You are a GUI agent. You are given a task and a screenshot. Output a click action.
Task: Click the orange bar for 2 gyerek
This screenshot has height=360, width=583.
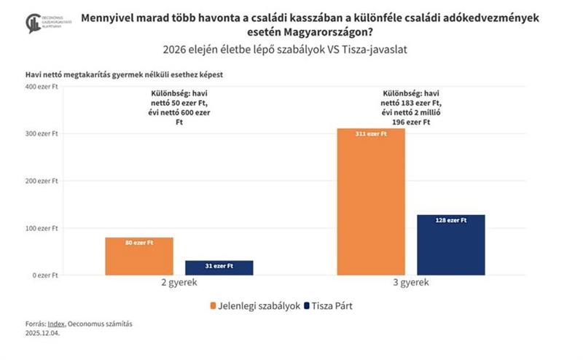click(x=139, y=257)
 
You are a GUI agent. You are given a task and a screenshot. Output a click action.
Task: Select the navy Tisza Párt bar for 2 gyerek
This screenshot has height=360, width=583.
click(x=219, y=268)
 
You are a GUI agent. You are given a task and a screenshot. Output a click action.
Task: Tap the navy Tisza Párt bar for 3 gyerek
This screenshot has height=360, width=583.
click(x=451, y=245)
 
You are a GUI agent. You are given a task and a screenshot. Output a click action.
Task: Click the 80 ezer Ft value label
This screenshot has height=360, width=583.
click(x=139, y=243)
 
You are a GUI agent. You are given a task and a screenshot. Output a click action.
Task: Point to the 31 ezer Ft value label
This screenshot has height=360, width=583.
click(x=219, y=266)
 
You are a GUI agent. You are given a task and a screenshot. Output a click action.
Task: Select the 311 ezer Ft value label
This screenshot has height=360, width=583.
click(x=372, y=134)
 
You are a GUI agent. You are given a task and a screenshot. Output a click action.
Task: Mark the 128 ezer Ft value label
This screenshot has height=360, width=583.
click(x=451, y=220)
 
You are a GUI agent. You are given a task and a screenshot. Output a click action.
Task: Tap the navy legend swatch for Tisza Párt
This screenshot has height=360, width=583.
click(x=308, y=305)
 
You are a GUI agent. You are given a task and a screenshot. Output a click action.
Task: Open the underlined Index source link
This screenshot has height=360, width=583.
click(x=53, y=323)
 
